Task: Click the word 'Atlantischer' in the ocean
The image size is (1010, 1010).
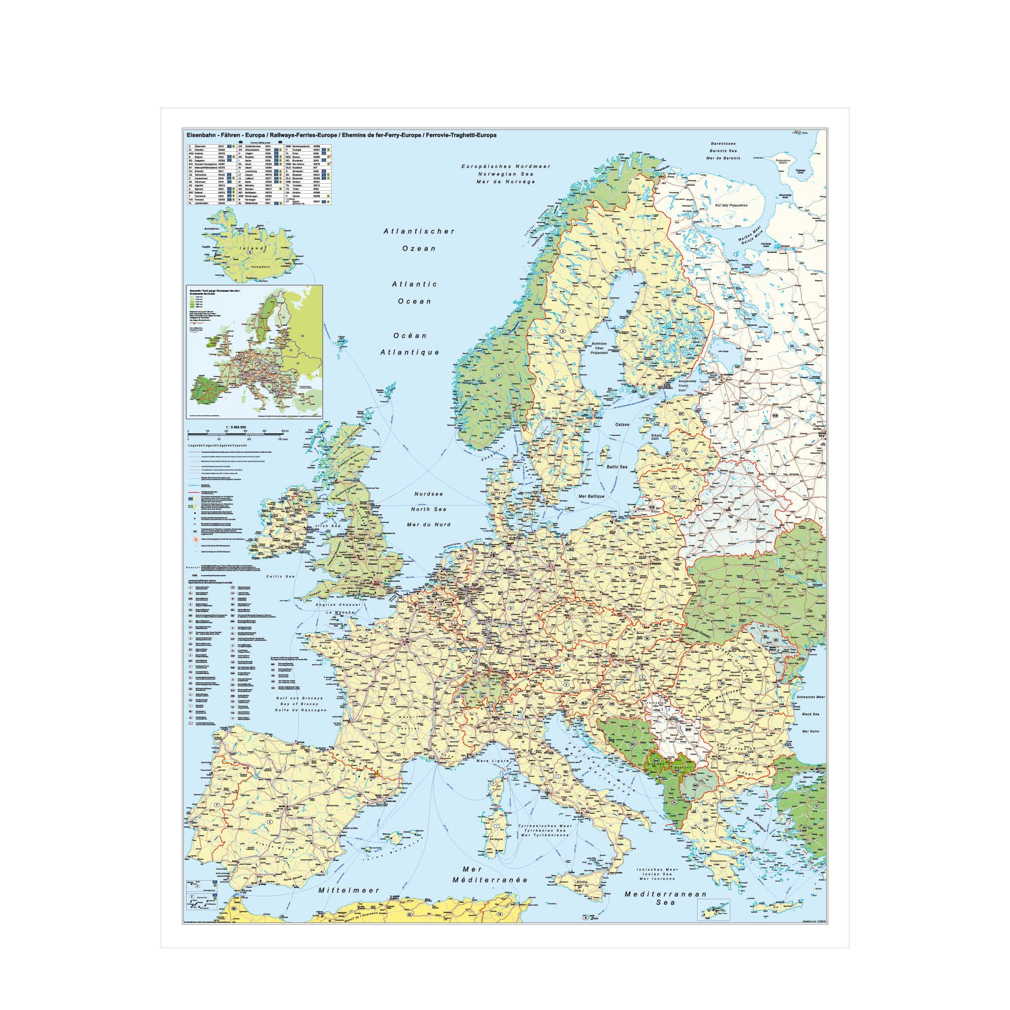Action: (x=419, y=231)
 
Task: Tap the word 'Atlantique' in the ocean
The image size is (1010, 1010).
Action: (x=409, y=352)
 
